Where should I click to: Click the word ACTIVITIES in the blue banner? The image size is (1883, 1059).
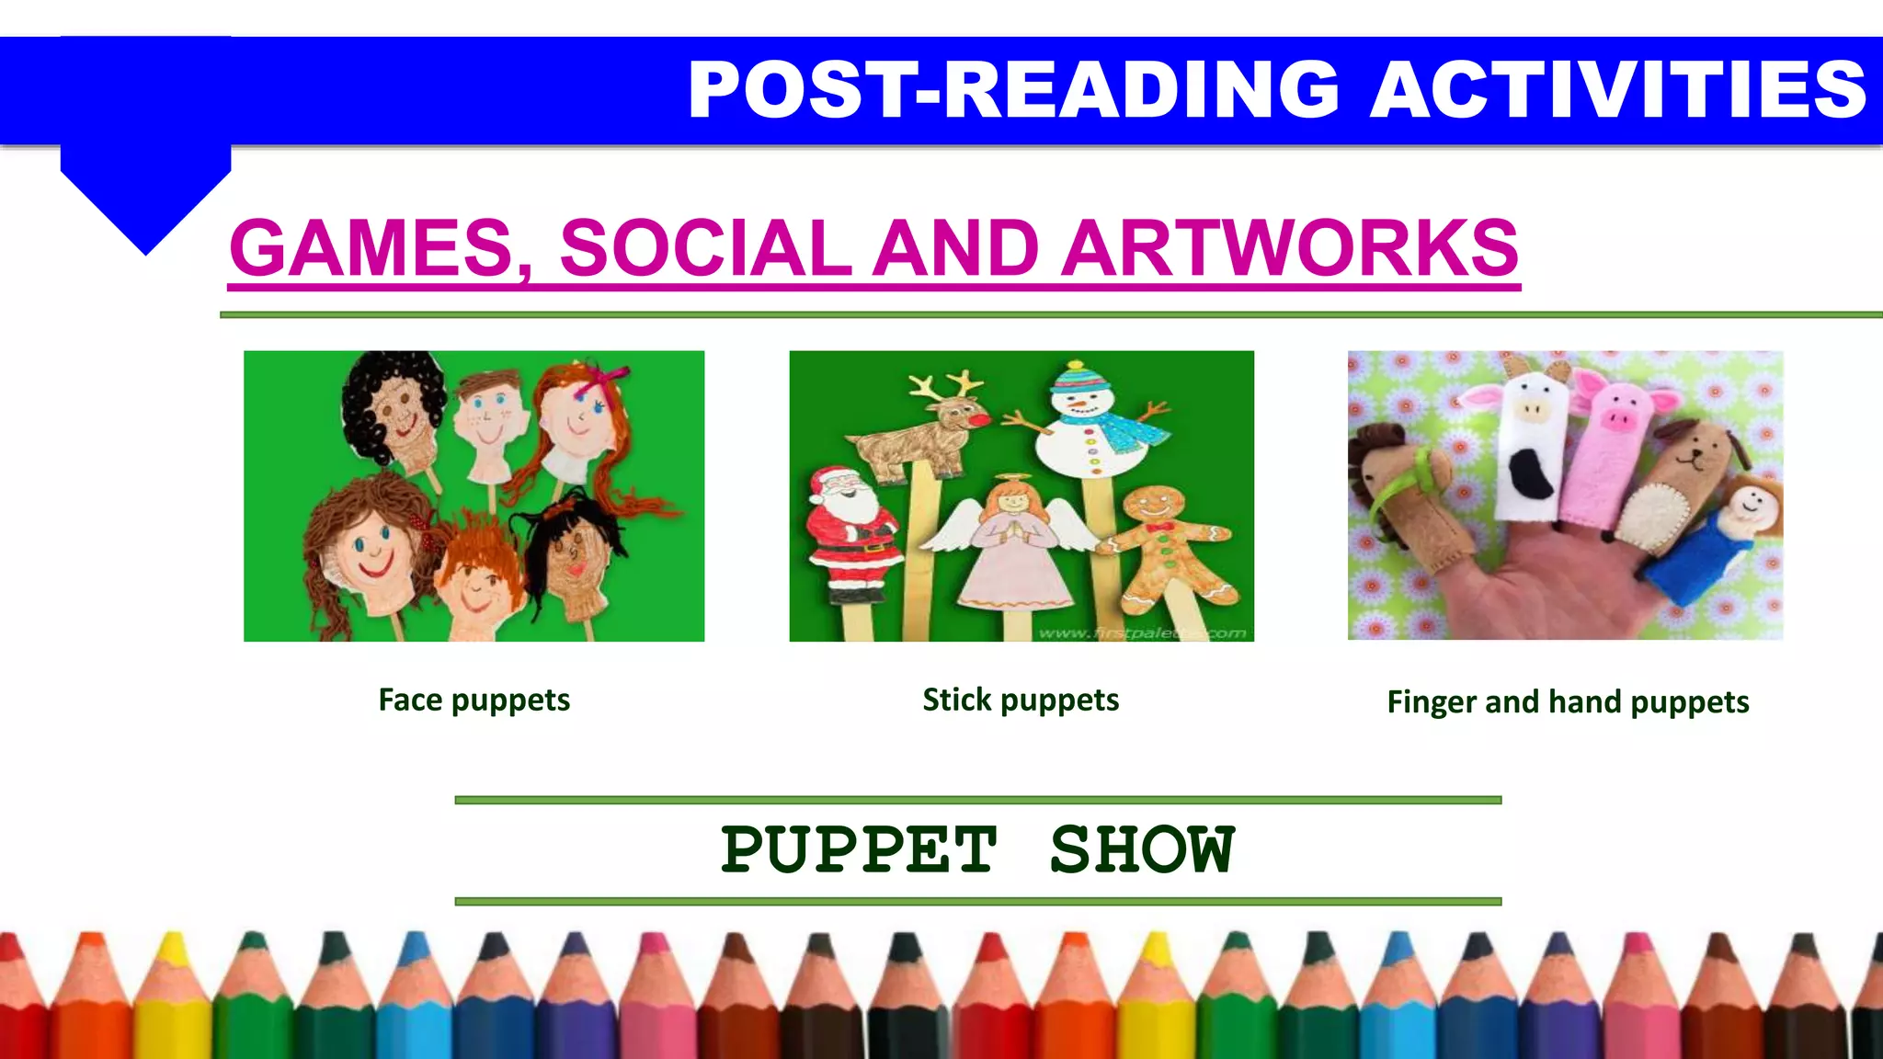(x=1618, y=89)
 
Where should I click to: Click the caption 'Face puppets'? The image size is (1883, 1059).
(x=474, y=700)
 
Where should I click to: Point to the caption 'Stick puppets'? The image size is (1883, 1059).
(x=1021, y=700)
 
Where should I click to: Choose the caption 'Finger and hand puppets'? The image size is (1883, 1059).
(x=1568, y=702)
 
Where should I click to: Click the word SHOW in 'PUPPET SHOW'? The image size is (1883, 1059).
(x=1142, y=849)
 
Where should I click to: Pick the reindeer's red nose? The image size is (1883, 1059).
(x=982, y=418)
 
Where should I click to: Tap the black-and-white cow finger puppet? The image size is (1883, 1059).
(x=1531, y=441)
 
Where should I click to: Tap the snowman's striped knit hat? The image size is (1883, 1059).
(x=1081, y=378)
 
